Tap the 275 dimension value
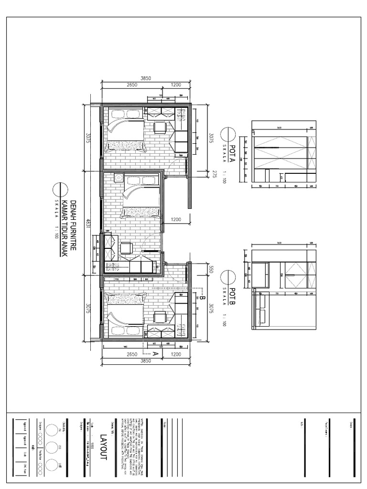[215, 175]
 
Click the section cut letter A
[155, 354]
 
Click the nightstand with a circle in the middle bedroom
[118, 178]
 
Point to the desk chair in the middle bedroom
[127, 247]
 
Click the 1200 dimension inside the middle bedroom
[177, 220]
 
